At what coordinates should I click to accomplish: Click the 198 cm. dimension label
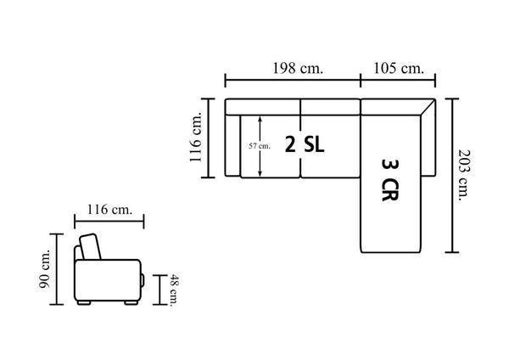(298, 69)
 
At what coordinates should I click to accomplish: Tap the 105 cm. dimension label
(399, 69)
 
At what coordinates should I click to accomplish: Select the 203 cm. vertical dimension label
(464, 175)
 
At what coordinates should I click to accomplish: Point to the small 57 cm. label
(260, 146)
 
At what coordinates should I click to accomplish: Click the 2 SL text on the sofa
(305, 144)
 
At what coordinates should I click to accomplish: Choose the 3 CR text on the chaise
(389, 180)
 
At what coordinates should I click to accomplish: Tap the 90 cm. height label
(44, 268)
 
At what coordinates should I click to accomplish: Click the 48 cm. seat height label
(175, 290)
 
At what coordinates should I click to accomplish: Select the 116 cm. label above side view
(109, 210)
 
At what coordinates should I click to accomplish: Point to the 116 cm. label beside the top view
(196, 137)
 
